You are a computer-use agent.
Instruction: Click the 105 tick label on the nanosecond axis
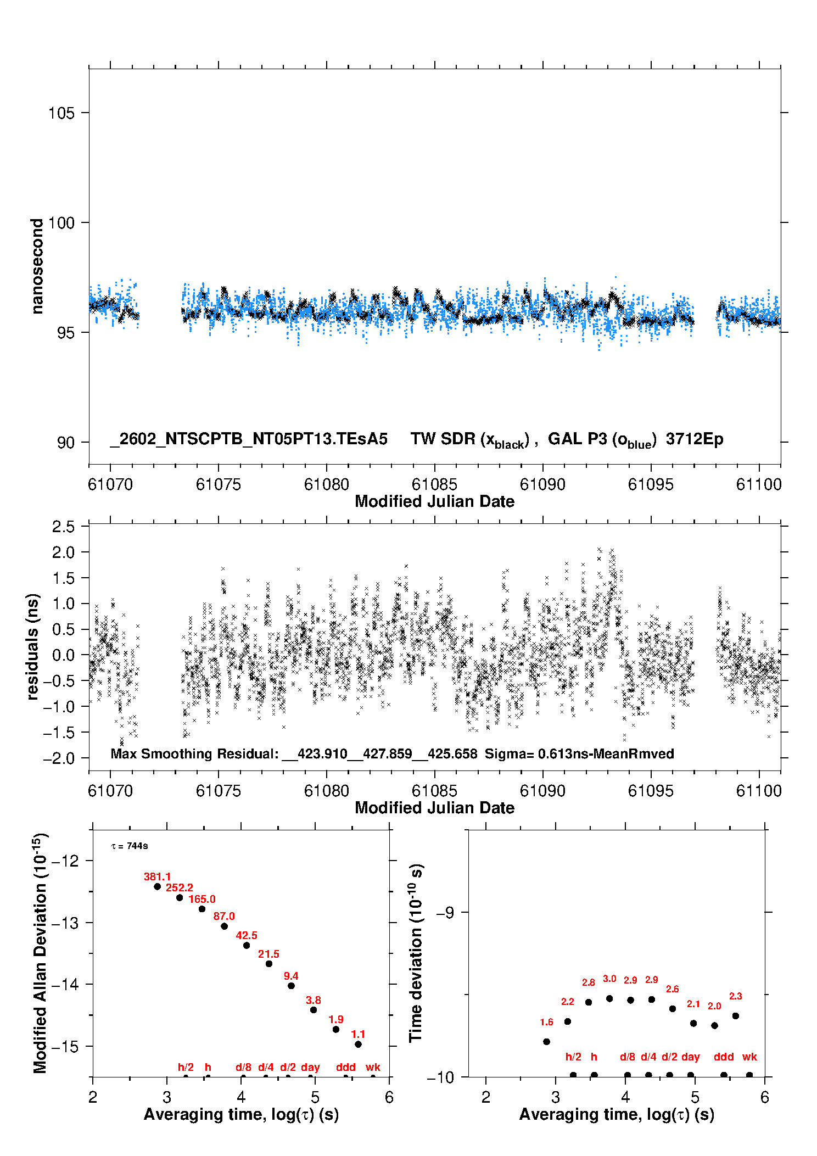61,113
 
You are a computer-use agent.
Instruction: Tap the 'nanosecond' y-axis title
37,266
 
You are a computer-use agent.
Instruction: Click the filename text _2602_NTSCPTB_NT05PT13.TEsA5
249,439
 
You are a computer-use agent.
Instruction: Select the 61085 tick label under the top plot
434,484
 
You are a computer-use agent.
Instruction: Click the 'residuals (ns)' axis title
33,646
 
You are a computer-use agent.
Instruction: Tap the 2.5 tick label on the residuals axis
63,527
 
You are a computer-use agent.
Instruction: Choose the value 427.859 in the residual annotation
387,753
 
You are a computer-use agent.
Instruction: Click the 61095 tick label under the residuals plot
651,791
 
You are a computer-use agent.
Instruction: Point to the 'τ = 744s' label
130,846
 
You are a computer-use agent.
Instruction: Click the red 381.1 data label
157,876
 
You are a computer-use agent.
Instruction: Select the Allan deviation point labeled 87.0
224,926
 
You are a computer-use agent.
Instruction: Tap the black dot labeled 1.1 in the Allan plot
358,1044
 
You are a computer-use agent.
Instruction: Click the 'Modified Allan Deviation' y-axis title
40,953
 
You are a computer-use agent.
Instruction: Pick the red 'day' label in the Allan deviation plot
310,1067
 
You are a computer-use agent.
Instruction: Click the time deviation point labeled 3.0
609,998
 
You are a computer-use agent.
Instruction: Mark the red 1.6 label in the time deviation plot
546,1022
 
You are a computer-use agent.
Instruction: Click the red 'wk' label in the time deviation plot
749,1057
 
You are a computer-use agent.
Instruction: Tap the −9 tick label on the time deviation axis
445,913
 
